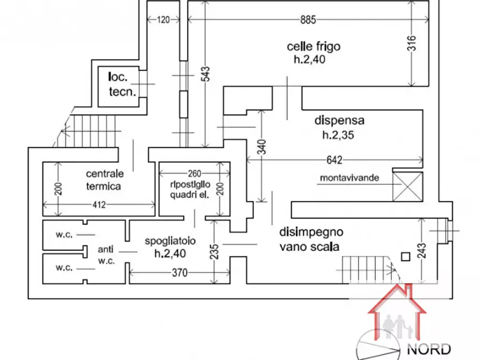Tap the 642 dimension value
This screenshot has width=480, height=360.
334,160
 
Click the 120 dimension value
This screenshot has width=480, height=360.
163,20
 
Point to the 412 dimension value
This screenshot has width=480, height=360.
99,205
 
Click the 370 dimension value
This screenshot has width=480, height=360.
179,273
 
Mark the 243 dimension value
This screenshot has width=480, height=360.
421,250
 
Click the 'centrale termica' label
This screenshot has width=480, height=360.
104,180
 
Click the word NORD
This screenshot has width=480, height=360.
428,349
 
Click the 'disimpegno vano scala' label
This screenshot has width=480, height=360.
311,240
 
